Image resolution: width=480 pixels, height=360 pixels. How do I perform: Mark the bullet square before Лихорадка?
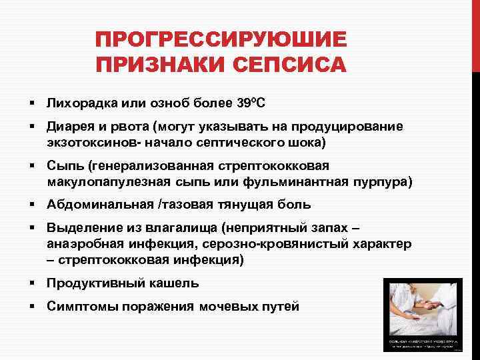tap(31, 103)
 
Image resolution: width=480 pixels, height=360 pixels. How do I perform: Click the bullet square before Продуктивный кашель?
tap(31, 283)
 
